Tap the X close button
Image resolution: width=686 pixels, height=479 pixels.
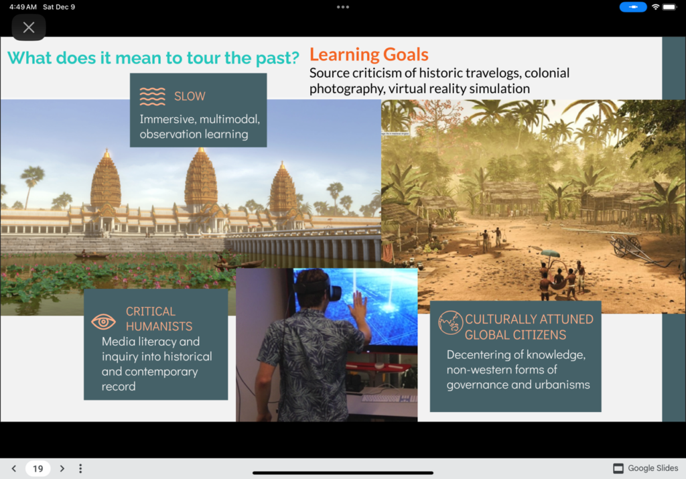29,27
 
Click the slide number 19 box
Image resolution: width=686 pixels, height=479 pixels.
38,468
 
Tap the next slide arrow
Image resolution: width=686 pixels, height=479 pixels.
62,468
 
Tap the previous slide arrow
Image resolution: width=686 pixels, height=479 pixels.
14,468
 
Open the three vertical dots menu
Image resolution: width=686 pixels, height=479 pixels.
80,468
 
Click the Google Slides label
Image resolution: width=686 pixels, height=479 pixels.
653,468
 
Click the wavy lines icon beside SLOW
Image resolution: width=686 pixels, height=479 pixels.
152,96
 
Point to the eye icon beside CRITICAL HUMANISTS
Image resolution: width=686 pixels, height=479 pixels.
103,322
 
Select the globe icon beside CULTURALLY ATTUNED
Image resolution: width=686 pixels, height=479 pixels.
451,322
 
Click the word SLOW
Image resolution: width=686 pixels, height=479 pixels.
190,96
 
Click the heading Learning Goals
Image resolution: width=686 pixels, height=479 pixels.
369,54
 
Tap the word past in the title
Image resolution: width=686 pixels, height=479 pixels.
278,58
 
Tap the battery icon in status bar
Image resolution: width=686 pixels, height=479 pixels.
669,7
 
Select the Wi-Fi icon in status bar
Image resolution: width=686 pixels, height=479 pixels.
655,7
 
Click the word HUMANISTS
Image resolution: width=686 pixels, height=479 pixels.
159,326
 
